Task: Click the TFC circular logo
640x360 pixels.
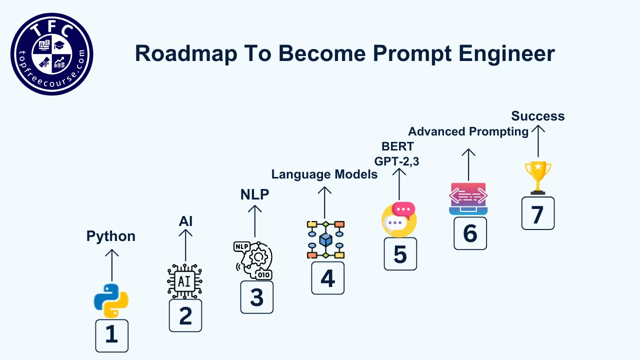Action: click(x=51, y=54)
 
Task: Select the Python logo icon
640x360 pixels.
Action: click(x=111, y=300)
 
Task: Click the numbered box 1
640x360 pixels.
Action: click(x=111, y=335)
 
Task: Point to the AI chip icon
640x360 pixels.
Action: click(x=185, y=281)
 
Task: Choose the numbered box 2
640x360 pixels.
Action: click(x=185, y=315)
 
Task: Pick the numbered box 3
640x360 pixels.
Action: click(x=256, y=297)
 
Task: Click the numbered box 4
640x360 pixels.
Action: click(x=327, y=278)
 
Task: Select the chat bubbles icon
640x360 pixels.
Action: click(x=399, y=219)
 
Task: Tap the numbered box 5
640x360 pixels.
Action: click(x=400, y=254)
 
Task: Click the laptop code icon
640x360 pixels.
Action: click(x=468, y=198)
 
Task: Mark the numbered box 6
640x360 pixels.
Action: click(x=470, y=233)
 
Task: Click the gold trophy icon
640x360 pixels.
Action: click(x=538, y=177)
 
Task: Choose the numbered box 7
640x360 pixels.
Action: click(x=537, y=213)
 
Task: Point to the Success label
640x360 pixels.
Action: click(x=537, y=116)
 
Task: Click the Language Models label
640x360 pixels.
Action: click(x=324, y=174)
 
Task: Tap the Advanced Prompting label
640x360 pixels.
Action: click(x=468, y=131)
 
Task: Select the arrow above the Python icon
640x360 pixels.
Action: click(x=111, y=265)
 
